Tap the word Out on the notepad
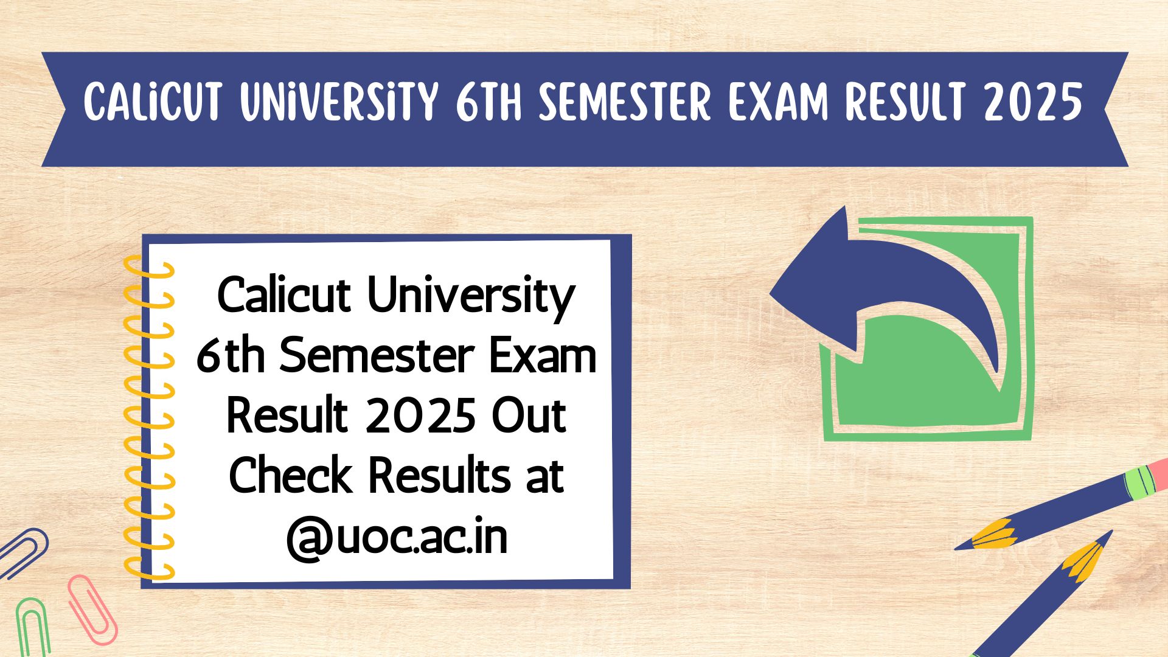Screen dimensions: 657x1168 coord(529,417)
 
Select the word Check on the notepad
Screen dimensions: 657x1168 coord(291,476)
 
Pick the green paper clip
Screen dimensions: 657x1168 coord(33,627)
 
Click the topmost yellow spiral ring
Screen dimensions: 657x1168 coord(149,268)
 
